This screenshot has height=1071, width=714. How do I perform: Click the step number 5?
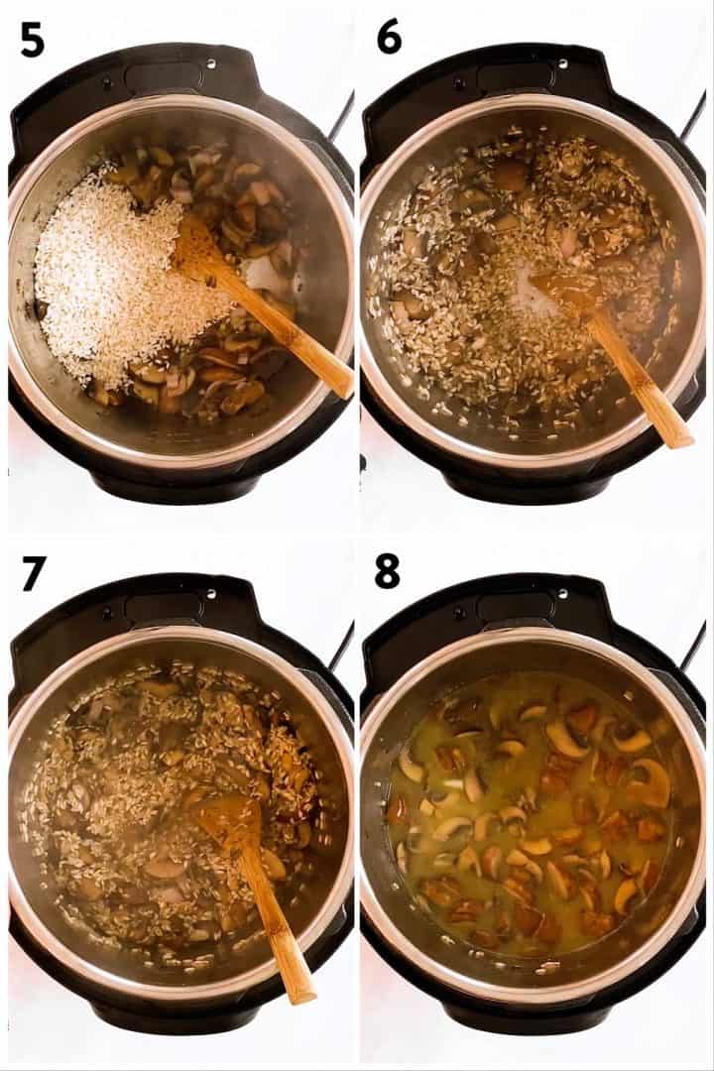point(32,39)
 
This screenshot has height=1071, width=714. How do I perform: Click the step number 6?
point(389,37)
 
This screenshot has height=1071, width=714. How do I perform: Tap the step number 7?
point(33,572)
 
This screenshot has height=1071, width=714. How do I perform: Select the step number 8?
point(388,572)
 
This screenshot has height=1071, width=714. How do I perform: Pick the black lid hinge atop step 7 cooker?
point(178,606)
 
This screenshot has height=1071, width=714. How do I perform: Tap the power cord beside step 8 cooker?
point(693,645)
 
